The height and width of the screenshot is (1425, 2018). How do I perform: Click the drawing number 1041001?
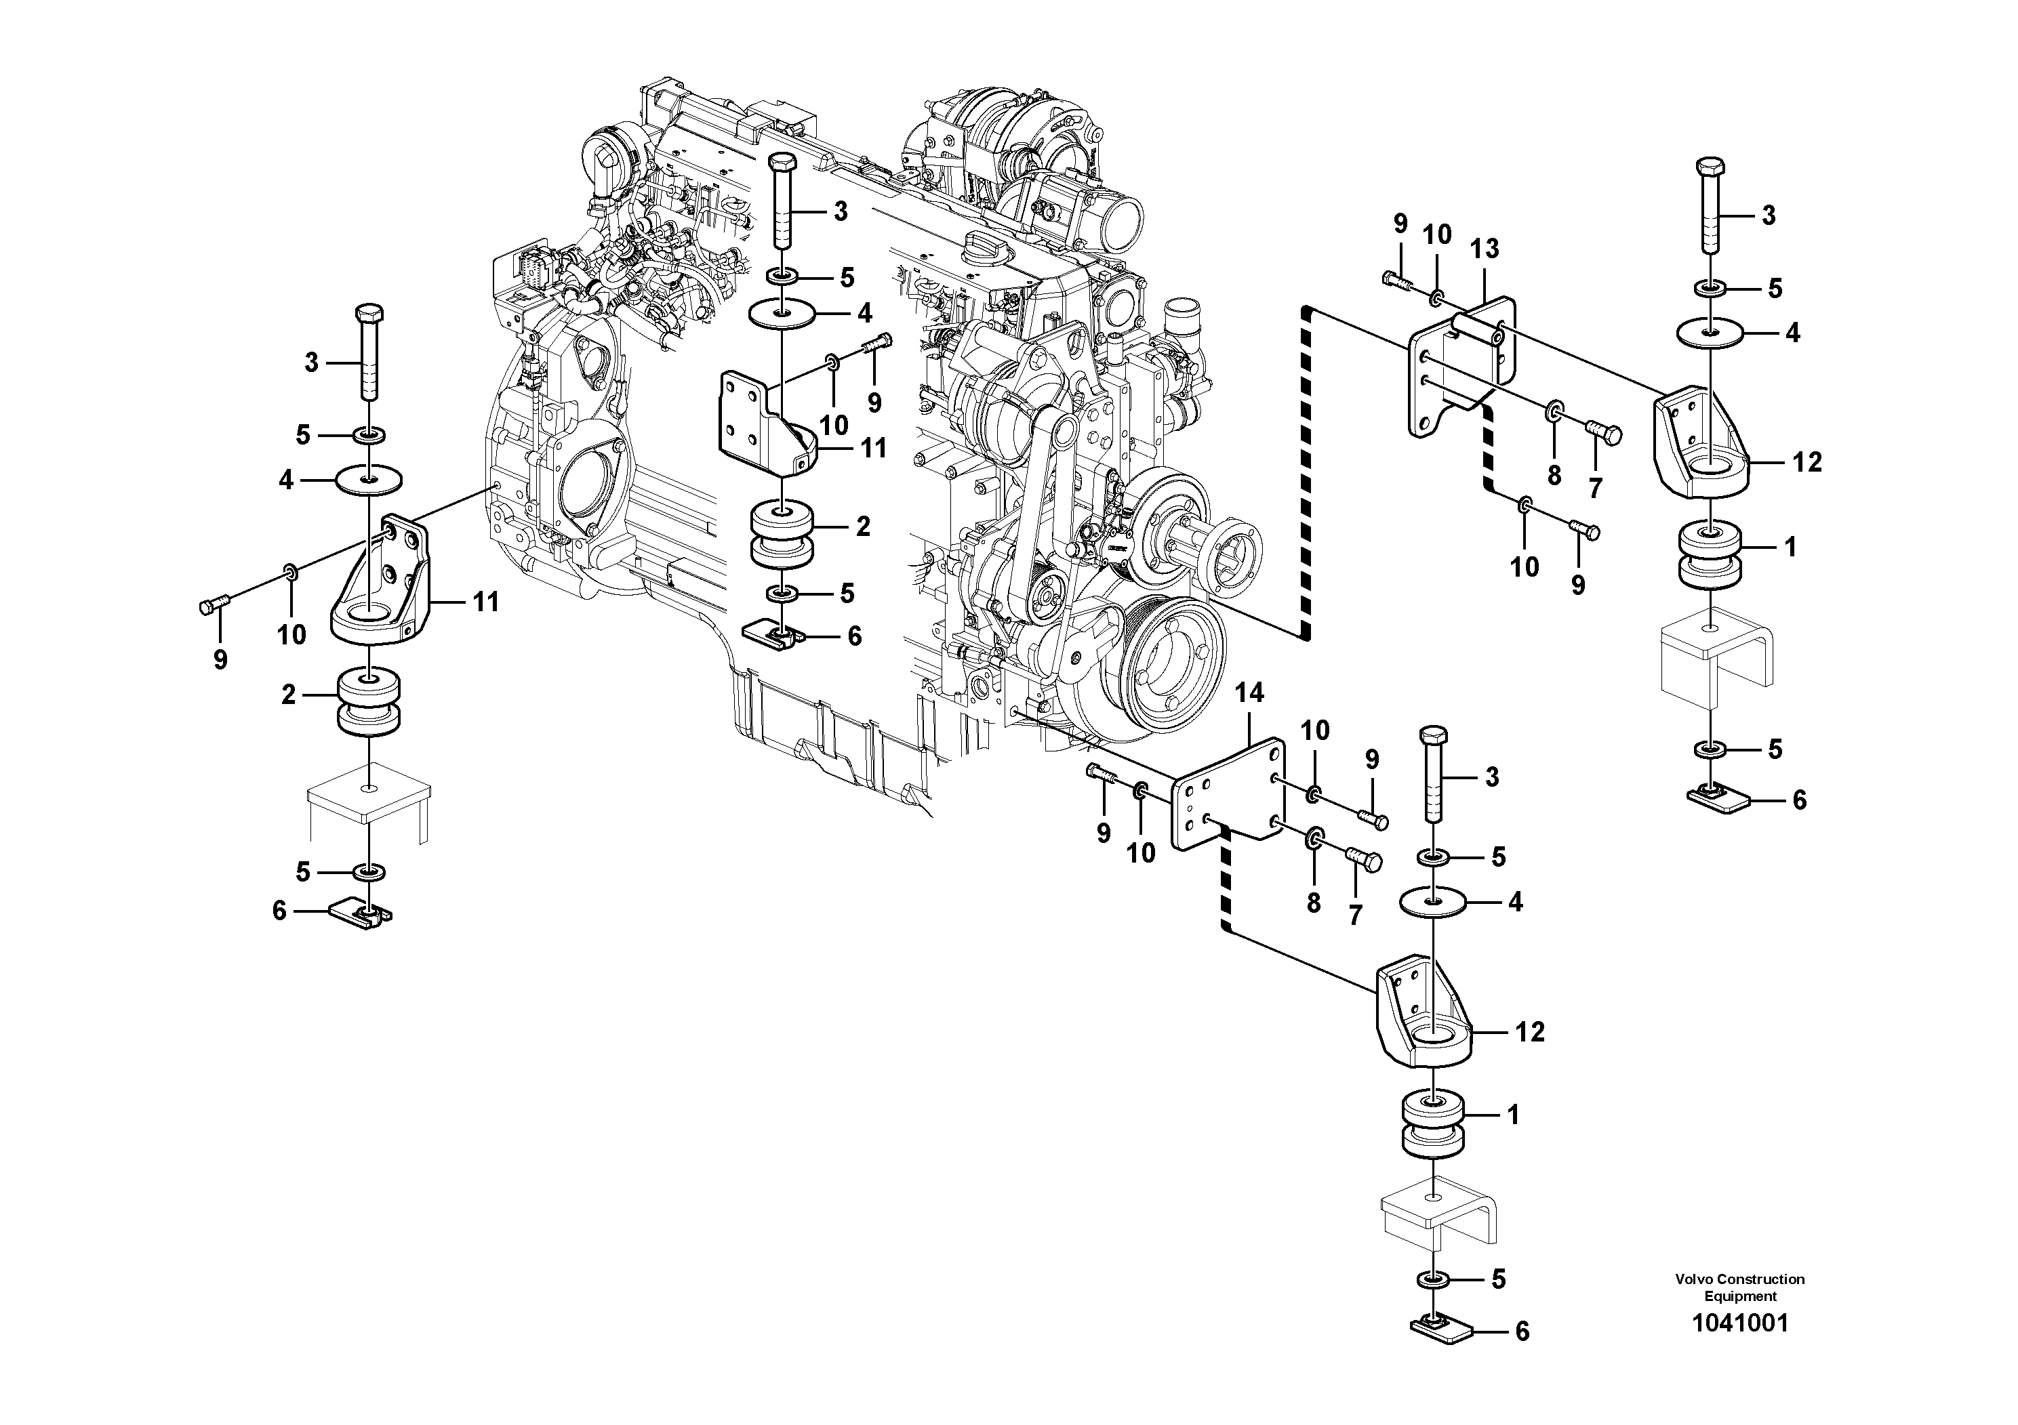pos(1739,1348)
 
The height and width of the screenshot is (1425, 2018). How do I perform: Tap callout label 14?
pos(1249,693)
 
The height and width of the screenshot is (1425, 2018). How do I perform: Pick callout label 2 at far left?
pos(288,695)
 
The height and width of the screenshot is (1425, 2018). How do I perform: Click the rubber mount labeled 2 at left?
pos(370,702)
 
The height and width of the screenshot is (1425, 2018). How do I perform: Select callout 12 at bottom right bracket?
pos(1529,1031)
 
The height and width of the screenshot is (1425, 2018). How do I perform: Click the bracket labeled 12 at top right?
pos(1701,444)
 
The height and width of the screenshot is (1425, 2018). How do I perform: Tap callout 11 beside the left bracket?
pos(485,602)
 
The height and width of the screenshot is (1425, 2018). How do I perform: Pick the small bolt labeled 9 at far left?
pos(214,604)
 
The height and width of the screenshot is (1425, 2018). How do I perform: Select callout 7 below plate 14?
pos(1354,915)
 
